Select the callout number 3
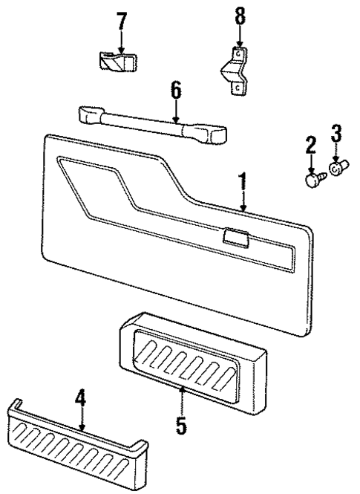click(336, 134)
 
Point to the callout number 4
click(82, 399)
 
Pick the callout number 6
click(175, 91)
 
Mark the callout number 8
click(239, 16)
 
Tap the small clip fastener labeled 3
click(336, 169)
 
